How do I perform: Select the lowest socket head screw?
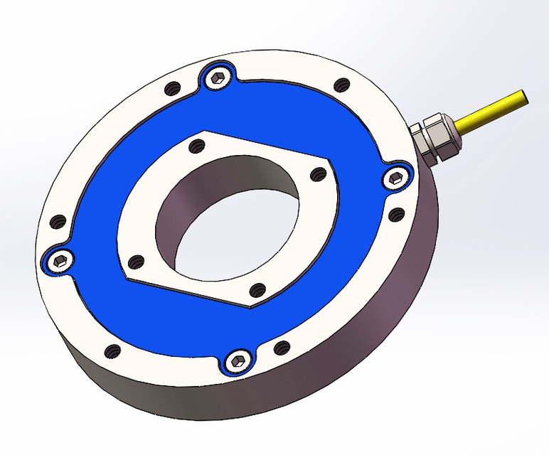tap(238, 360)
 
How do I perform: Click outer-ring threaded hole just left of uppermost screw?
tap(171, 90)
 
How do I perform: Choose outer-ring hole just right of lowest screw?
tap(282, 348)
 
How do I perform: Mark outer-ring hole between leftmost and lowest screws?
tap(112, 350)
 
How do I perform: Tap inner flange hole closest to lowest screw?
tap(257, 289)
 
